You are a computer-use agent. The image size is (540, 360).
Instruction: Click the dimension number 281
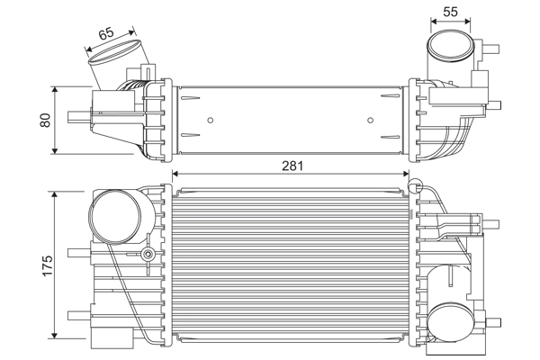292,166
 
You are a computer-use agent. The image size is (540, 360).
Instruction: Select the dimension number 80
45,120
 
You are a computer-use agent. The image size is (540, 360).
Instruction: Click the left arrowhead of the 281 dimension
175,174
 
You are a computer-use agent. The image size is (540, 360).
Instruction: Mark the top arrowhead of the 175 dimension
58,195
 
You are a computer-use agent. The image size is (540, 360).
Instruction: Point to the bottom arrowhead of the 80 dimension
58,150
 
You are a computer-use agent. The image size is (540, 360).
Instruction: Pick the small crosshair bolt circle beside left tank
147,256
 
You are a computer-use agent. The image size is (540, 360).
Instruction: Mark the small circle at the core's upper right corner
414,186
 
